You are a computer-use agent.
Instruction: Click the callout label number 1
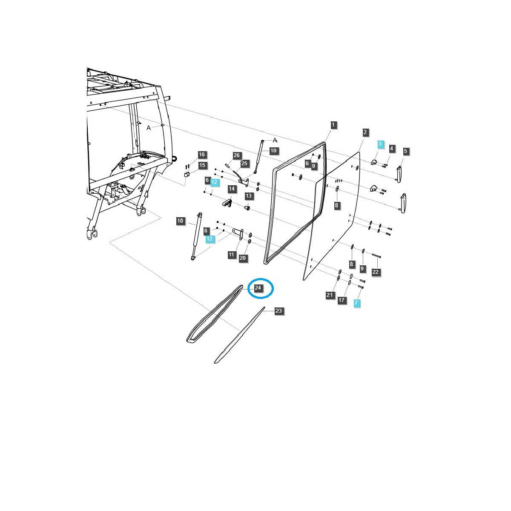333,125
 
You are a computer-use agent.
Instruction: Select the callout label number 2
365,132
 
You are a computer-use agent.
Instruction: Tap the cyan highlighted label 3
380,144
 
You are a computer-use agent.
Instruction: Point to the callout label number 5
392,149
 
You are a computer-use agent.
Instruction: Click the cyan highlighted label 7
405,151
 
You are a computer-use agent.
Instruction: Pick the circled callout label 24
258,288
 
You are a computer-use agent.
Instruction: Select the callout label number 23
278,311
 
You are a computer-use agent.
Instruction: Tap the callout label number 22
375,272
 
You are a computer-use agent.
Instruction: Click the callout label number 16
201,155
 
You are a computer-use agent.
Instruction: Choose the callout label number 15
202,165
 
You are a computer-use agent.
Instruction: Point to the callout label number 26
237,155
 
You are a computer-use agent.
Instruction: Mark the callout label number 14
232,189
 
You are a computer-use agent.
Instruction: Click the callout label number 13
249,196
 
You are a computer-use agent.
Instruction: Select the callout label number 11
231,255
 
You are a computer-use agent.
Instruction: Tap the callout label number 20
243,258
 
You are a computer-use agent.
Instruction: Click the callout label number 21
330,295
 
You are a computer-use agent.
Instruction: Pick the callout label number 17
342,300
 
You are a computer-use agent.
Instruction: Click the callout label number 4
392,149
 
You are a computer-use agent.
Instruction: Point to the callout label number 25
244,163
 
